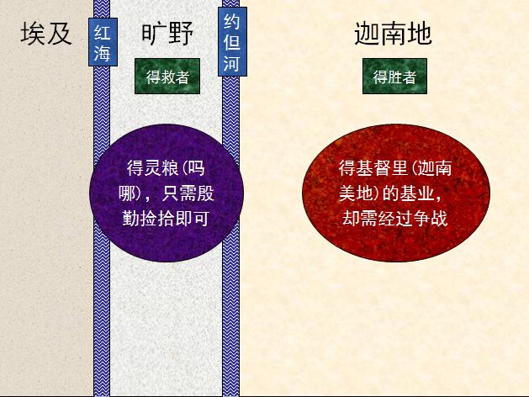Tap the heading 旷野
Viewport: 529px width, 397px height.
[167, 34]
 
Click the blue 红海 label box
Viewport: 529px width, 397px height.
[102, 41]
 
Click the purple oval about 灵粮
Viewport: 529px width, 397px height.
[167, 192]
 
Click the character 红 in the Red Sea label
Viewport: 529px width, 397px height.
[102, 32]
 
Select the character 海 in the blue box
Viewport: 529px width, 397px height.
[102, 53]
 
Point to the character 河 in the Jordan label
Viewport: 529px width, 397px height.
[230, 63]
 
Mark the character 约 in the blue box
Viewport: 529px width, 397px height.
[230, 22]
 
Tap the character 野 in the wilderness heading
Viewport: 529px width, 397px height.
[181, 34]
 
